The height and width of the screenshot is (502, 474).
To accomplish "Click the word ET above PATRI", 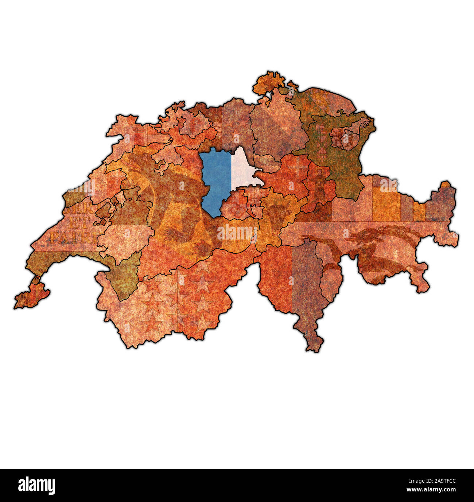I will click(x=73, y=224).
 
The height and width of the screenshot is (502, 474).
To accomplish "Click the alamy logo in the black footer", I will click(x=36, y=486).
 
